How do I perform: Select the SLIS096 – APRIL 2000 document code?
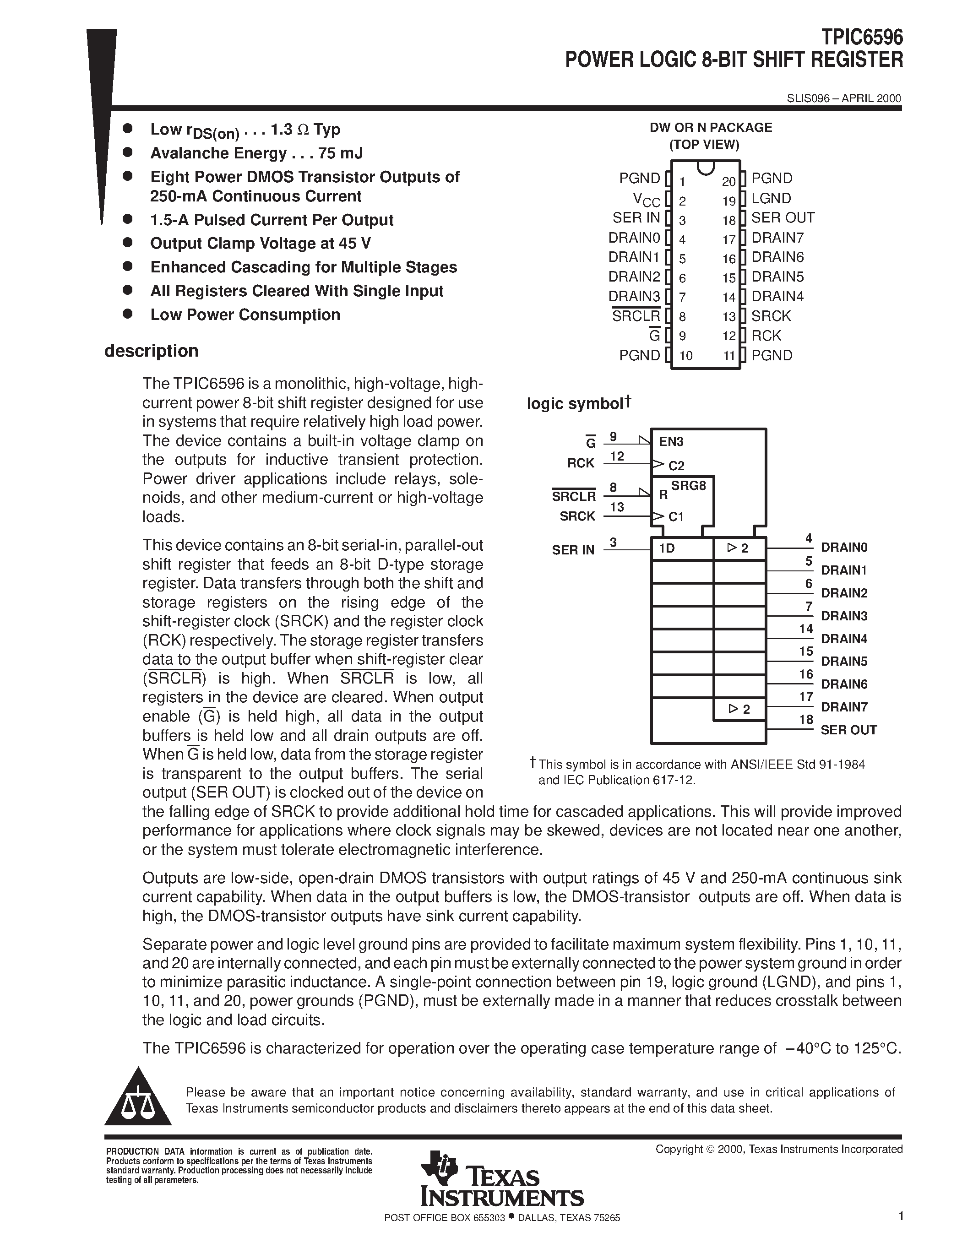[x=843, y=98]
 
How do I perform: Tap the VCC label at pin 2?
[x=646, y=200]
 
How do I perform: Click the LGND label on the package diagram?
[x=771, y=198]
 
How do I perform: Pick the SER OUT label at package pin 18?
[x=783, y=218]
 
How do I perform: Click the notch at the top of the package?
[x=706, y=167]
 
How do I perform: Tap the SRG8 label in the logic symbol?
[x=688, y=485]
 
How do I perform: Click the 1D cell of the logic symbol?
[x=667, y=548]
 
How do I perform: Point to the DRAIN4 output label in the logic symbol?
[x=844, y=639]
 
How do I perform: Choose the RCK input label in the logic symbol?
[x=581, y=463]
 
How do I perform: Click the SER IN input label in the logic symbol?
[x=573, y=550]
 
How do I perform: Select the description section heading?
[x=151, y=351]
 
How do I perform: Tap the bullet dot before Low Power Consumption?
[x=128, y=314]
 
